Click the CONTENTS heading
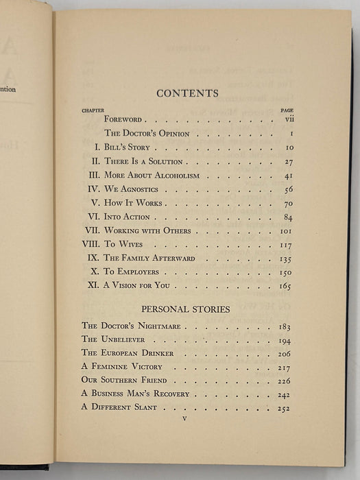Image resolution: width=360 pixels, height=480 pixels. (187, 93)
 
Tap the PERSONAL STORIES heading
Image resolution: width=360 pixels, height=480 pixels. (187, 309)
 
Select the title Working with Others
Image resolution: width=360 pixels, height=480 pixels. (147, 231)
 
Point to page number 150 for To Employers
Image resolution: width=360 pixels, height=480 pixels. (285, 272)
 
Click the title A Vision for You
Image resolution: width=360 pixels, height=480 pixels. (136, 285)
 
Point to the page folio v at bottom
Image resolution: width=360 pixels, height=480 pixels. (184, 418)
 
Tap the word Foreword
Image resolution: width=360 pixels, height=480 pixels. (123, 120)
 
